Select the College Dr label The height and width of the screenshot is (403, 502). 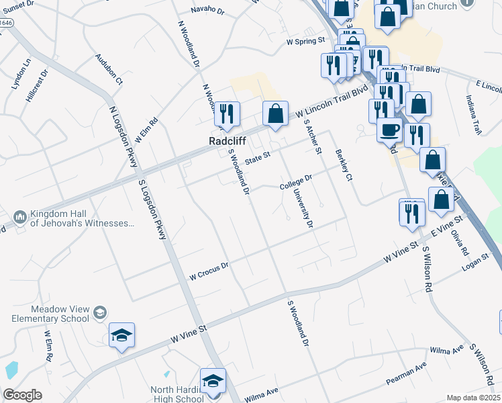[296, 181]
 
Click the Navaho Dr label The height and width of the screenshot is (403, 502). [207, 10]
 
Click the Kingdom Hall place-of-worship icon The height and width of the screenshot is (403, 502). [19, 218]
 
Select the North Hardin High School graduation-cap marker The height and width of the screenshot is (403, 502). [213, 381]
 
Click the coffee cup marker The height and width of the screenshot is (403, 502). [389, 129]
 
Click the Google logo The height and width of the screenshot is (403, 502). [22, 395]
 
